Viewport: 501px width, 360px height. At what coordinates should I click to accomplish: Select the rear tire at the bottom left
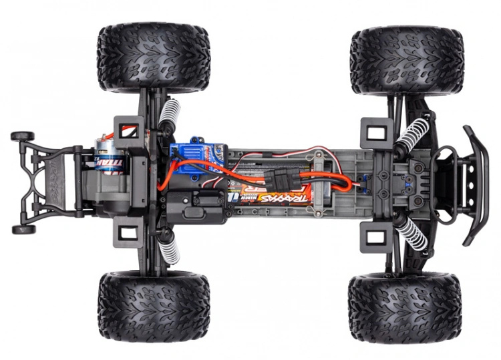pyautogui.click(x=153, y=306)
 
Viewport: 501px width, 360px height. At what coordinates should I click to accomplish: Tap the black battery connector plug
pyautogui.click(x=275, y=178)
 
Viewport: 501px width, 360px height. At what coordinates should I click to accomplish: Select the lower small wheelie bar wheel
pyautogui.click(x=23, y=229)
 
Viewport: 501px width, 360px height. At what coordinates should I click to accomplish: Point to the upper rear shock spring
pyautogui.click(x=169, y=114)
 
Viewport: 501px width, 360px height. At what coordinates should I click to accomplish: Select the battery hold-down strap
pyautogui.click(x=323, y=180)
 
